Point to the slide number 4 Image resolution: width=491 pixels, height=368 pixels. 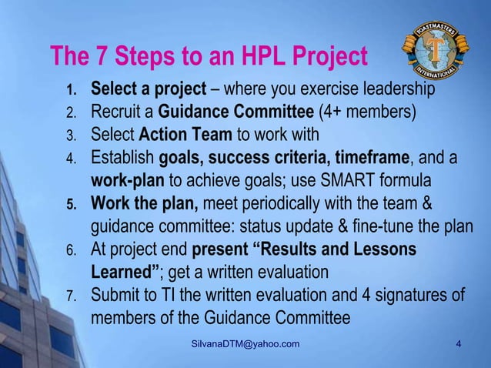click(459, 343)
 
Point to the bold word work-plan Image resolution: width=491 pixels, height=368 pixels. click(127, 182)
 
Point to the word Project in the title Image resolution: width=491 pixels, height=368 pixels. click(325, 56)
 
